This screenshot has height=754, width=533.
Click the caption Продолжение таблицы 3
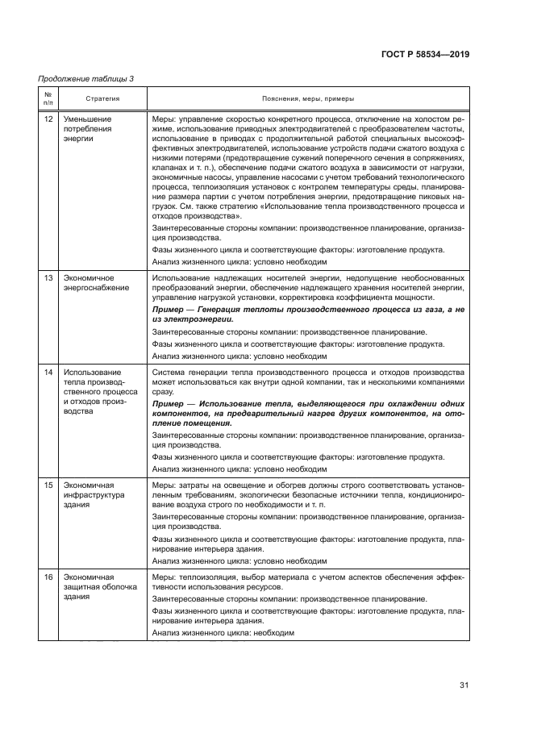click(x=86, y=77)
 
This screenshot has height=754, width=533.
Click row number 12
click(x=48, y=119)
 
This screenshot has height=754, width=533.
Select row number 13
click(x=48, y=277)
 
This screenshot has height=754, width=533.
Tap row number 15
click(x=48, y=485)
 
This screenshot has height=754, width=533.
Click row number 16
click(x=48, y=577)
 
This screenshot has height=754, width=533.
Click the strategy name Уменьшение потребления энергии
click(x=88, y=128)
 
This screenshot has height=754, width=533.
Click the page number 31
click(x=464, y=685)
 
